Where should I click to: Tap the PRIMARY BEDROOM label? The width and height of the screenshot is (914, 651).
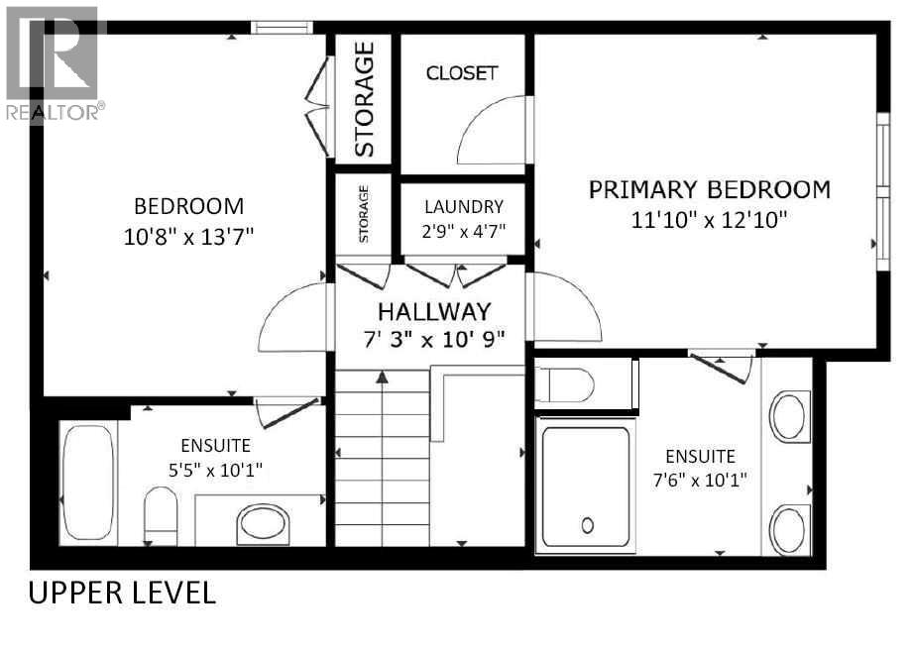(709, 189)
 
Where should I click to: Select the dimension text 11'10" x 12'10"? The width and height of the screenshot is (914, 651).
(709, 220)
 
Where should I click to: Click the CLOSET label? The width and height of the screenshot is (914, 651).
(461, 73)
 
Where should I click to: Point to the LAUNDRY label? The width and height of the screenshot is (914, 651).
(464, 207)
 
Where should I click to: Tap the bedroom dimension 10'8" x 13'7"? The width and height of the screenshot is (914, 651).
(188, 236)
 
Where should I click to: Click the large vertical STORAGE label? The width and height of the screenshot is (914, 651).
(364, 98)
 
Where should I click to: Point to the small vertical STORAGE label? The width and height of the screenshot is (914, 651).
(364, 214)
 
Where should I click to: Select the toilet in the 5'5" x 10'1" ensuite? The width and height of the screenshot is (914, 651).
(160, 515)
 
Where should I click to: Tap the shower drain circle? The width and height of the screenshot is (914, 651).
(587, 525)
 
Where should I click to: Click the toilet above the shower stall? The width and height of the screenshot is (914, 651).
(565, 383)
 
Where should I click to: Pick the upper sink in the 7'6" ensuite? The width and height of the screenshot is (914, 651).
(790, 417)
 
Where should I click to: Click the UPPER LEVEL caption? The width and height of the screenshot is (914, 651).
(121, 594)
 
